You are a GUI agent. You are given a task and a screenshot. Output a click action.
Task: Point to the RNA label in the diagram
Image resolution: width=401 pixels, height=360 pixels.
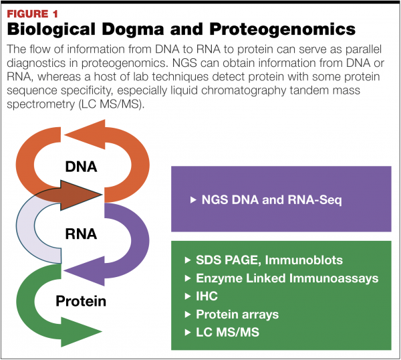[x=82, y=234]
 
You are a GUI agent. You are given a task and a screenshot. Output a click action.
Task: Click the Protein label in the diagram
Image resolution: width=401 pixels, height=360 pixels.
[x=82, y=301]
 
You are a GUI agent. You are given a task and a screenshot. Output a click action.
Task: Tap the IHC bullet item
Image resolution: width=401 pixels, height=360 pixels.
[x=204, y=296]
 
